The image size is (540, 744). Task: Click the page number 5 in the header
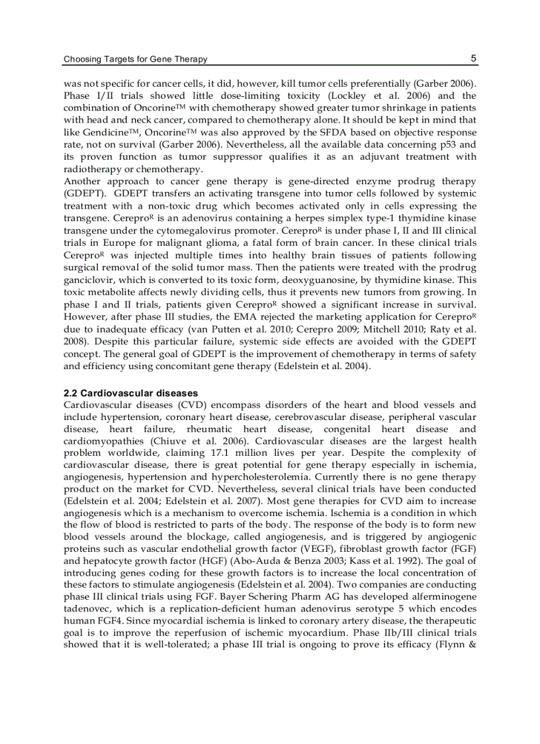(474, 58)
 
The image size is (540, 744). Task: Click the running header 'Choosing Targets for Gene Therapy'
(135, 59)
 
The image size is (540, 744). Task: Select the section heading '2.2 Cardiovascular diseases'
(130, 393)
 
